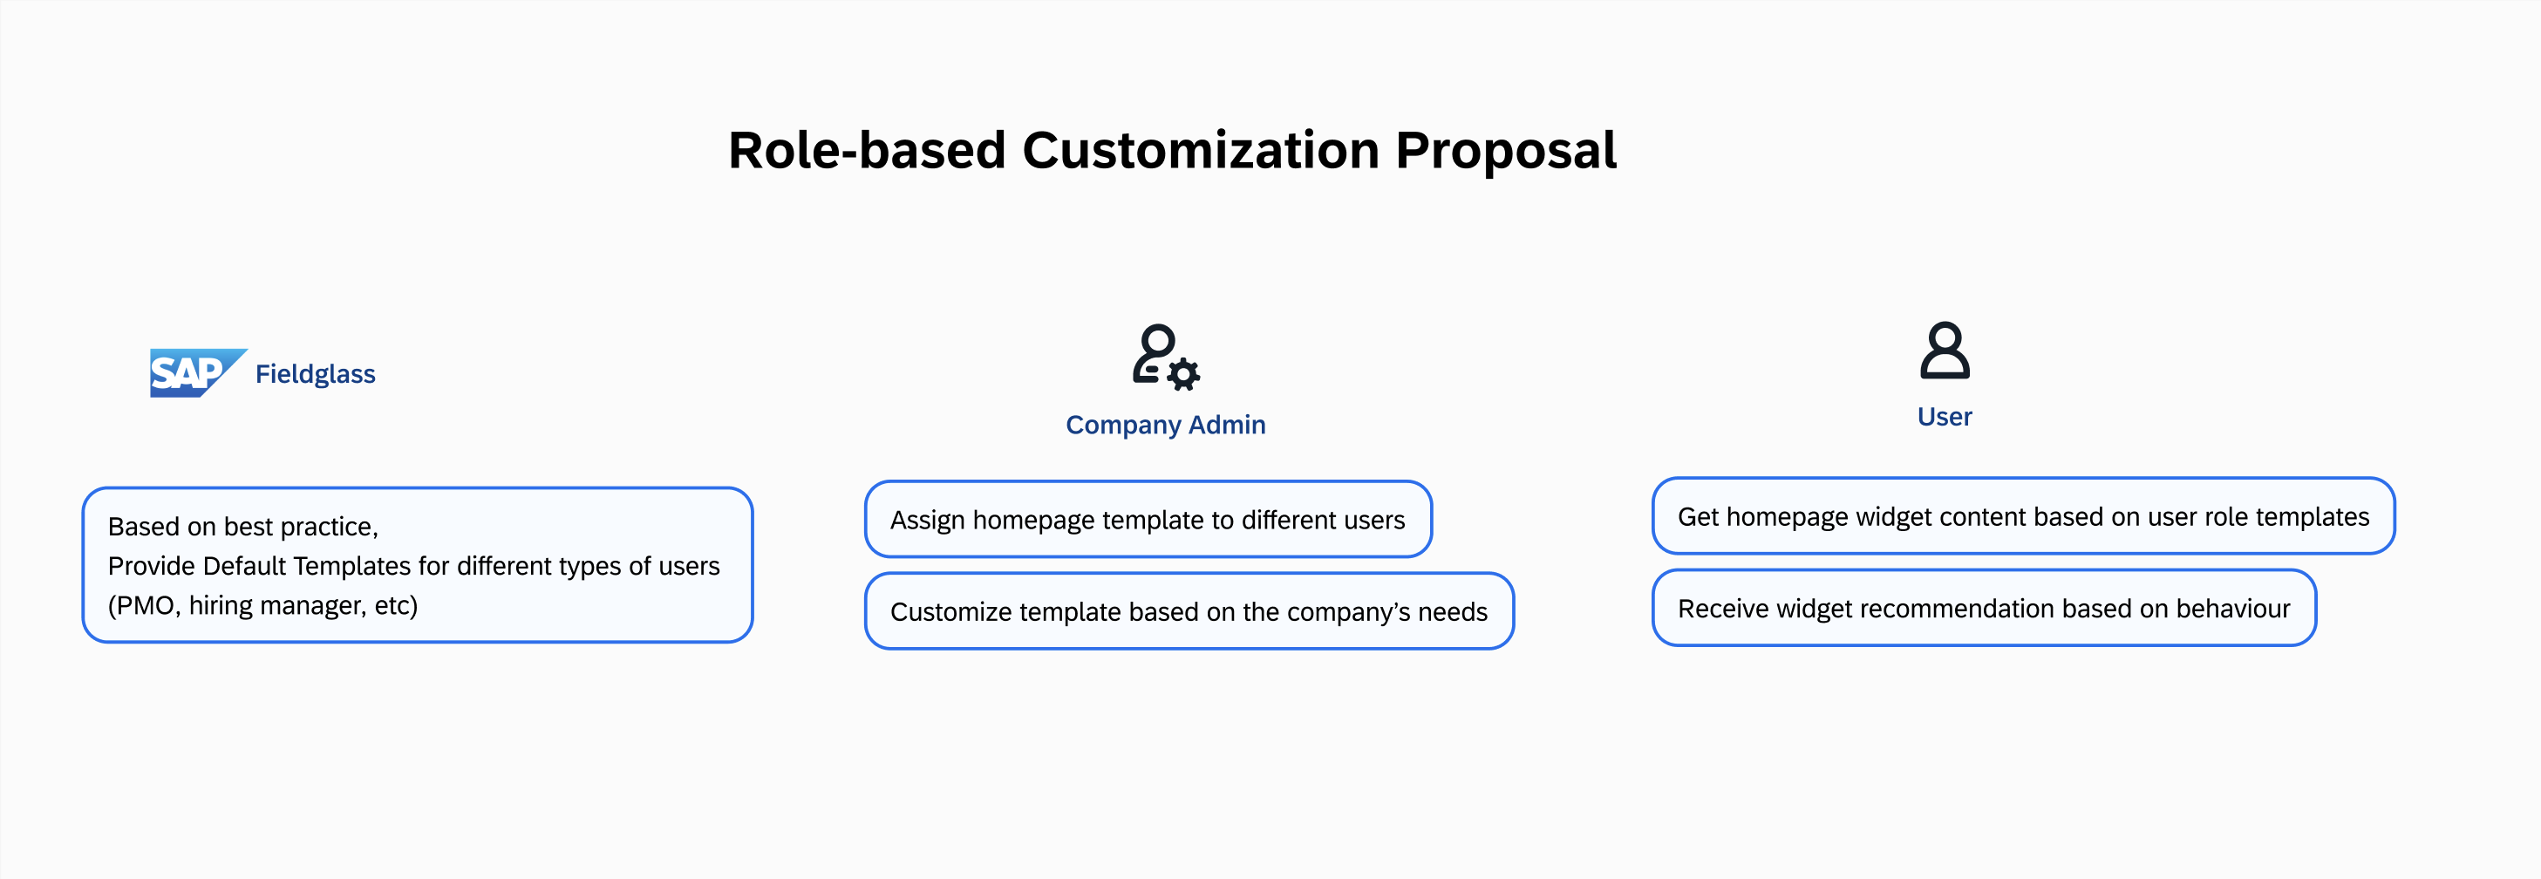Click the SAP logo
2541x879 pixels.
tap(197, 373)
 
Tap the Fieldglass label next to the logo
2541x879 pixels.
tap(316, 374)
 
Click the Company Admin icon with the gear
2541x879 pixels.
tap(1165, 356)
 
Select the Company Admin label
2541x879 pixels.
tap(1165, 424)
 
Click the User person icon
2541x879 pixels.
tap(1945, 351)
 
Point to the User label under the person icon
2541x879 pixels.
tap(1945, 416)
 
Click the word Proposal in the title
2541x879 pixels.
tap(1505, 152)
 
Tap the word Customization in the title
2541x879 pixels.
tap(1200, 150)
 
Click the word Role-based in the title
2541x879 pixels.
tap(867, 150)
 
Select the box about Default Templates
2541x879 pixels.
tap(418, 565)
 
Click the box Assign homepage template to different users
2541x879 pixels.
tap(1148, 519)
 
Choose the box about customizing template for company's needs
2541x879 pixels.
tap(1189, 610)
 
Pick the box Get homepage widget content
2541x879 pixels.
tap(2023, 516)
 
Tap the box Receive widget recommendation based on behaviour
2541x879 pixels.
tap(1984, 608)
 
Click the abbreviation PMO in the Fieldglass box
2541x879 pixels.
tap(145, 604)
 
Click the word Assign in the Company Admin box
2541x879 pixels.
tap(927, 520)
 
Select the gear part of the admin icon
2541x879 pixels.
tap(1183, 374)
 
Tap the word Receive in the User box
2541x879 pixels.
tap(1723, 608)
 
